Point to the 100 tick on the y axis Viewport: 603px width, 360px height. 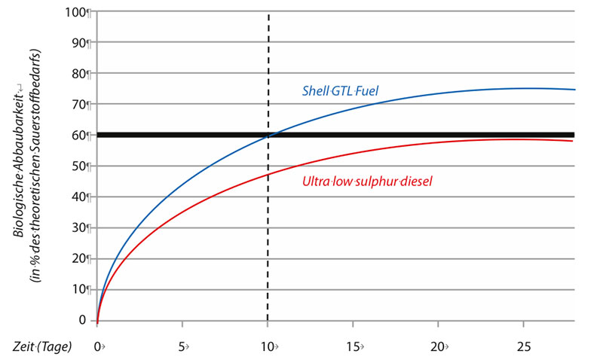[77, 12]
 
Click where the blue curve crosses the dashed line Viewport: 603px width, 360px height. [268, 136]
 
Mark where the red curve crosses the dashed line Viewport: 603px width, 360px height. [268, 175]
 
